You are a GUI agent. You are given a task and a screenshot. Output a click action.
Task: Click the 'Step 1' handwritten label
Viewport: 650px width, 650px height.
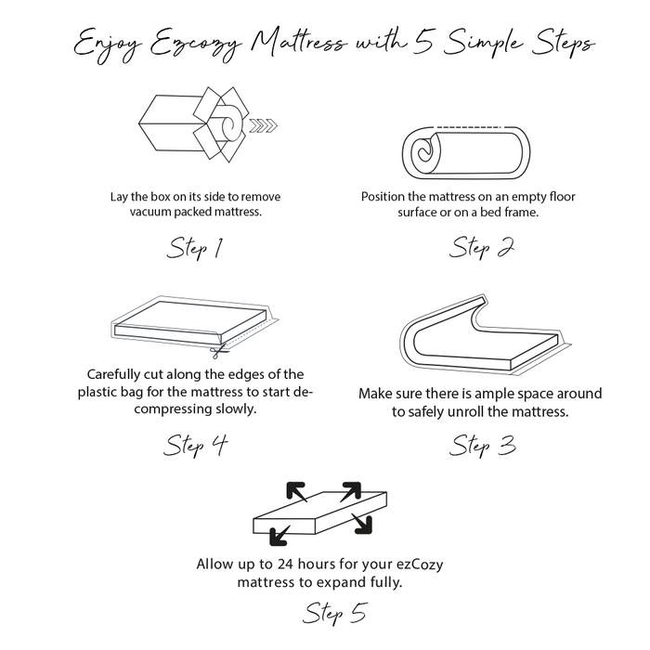[195, 249]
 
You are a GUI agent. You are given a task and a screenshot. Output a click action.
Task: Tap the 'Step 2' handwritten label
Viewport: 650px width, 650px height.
[482, 248]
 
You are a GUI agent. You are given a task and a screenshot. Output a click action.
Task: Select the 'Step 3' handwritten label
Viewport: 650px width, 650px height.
[482, 446]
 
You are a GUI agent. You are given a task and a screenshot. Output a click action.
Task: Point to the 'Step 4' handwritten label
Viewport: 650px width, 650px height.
[195, 446]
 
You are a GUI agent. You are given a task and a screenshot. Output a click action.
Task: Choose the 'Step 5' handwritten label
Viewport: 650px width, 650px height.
[335, 615]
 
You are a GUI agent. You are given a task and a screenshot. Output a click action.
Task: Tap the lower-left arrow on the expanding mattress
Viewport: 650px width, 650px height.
[278, 535]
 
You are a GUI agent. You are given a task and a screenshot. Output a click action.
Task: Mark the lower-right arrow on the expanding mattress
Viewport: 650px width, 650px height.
[363, 525]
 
